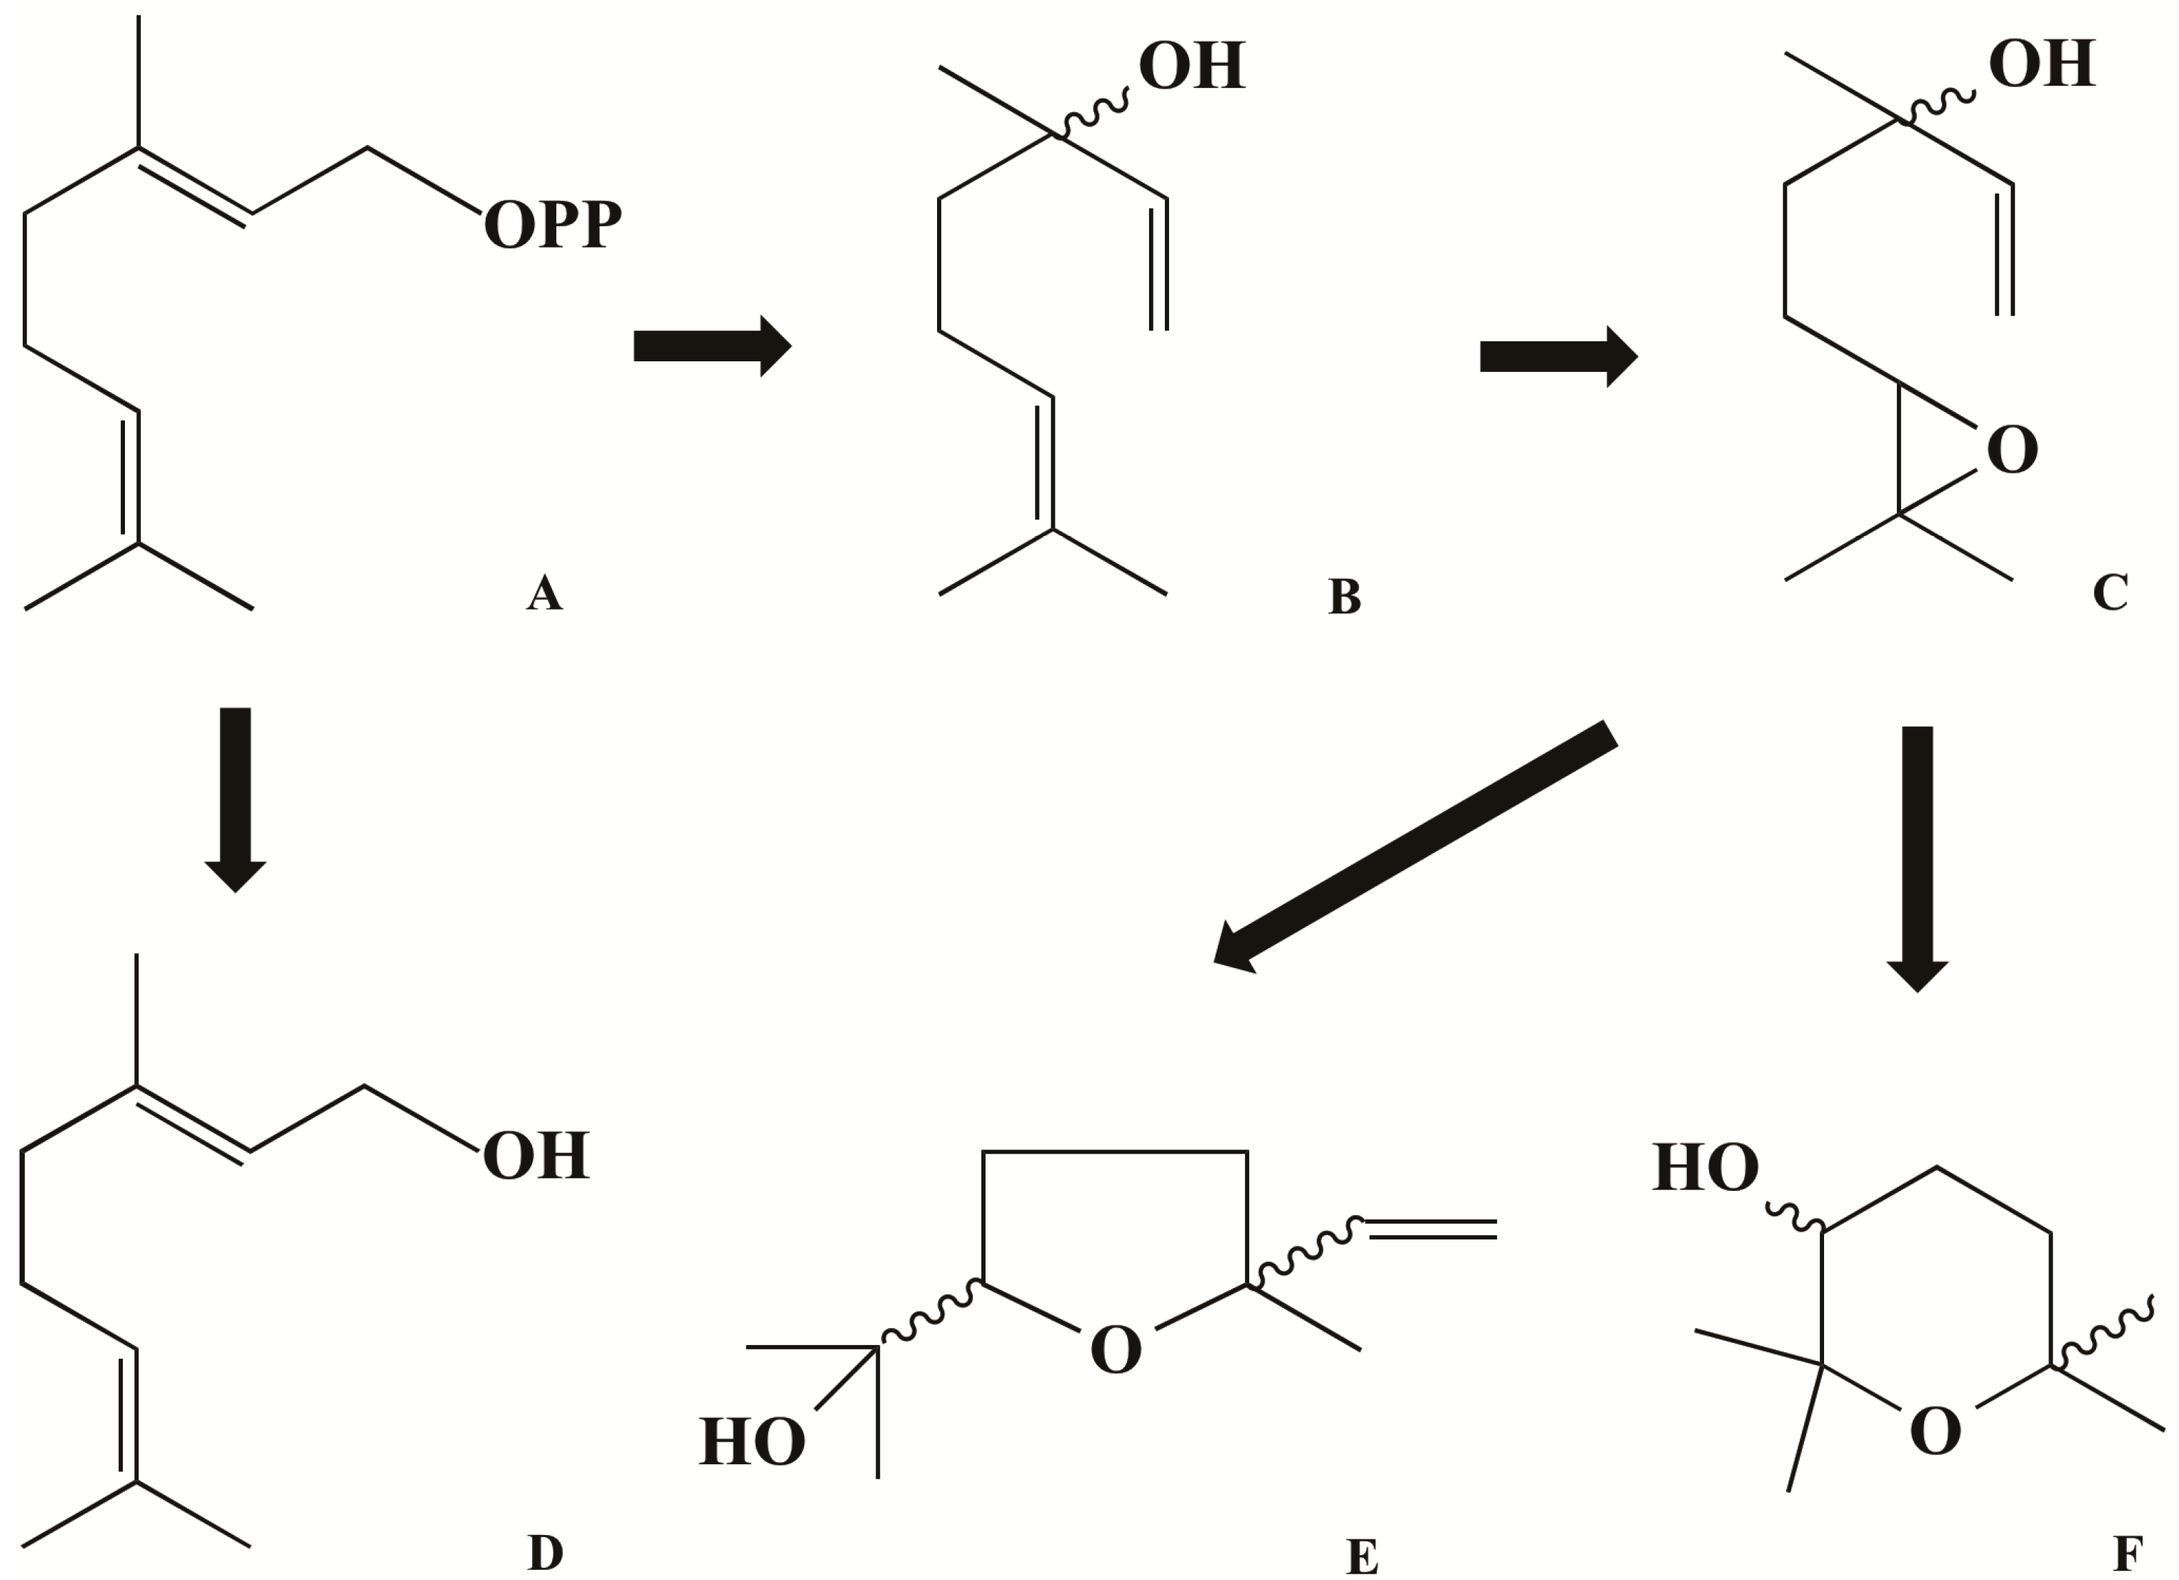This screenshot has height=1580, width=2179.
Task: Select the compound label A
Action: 544,593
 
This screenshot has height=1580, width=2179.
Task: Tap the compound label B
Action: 1344,596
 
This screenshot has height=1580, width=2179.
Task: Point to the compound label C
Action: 2110,593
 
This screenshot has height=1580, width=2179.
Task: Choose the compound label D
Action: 545,1552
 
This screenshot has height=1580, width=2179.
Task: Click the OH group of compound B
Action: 1191,67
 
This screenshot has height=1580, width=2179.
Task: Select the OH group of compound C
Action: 2042,65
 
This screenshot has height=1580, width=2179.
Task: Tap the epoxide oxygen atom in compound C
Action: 2012,450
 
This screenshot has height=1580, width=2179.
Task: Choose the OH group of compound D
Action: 535,1155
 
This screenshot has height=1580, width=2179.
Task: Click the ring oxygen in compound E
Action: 1116,1349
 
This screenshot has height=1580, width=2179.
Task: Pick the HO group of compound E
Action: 751,1441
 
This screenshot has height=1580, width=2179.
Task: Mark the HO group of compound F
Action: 1704,1168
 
